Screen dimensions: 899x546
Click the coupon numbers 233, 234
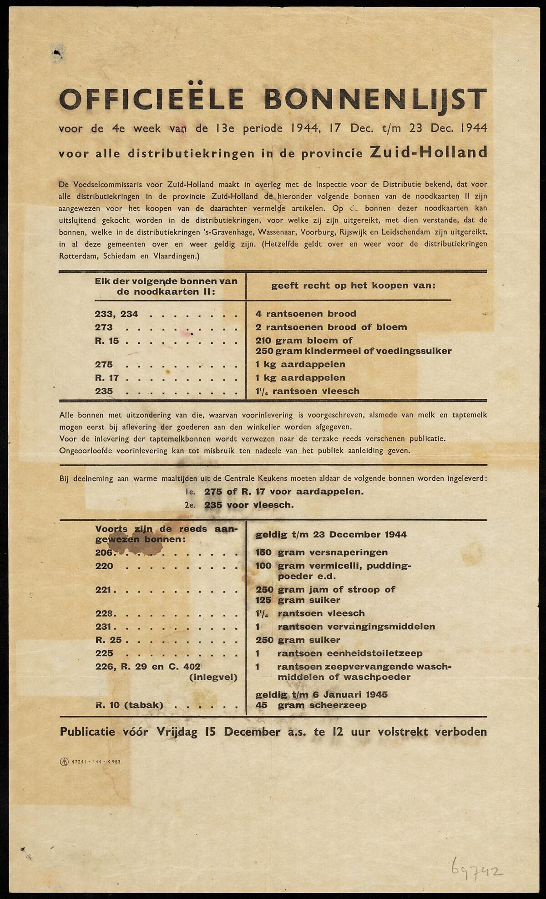pos(116,314)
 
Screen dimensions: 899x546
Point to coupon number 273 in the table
pos(104,327)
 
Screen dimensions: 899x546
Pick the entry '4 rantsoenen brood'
pos(306,314)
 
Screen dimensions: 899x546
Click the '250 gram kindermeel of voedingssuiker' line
pos(354,351)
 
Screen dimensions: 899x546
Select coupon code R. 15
pos(107,341)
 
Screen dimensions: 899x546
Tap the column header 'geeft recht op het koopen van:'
pos(354,286)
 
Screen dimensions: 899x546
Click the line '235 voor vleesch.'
pos(249,505)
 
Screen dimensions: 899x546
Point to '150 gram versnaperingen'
pos(322,552)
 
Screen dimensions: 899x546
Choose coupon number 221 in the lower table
pos(104,590)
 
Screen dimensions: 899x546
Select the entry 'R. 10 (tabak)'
pos(129,705)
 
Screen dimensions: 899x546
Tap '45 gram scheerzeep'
pos(311,705)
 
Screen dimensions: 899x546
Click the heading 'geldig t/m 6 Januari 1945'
pos(322,694)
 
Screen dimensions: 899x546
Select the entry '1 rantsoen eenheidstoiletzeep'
pos(339,653)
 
